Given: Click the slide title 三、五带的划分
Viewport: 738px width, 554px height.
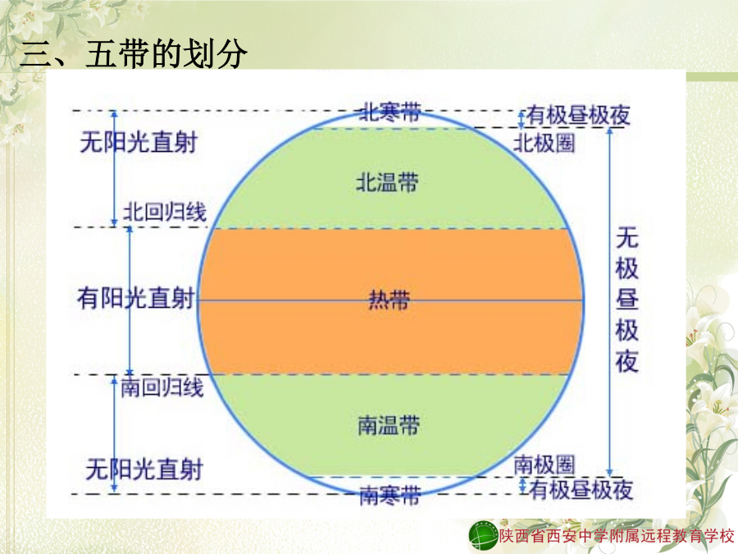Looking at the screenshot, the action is (x=134, y=53).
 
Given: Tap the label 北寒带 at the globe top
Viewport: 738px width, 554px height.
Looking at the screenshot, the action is (x=389, y=112).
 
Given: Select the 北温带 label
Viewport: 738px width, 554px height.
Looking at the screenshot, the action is (x=387, y=182).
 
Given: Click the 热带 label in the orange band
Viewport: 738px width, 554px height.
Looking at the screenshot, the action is (x=389, y=300).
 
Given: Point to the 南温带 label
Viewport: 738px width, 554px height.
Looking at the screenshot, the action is (x=389, y=425).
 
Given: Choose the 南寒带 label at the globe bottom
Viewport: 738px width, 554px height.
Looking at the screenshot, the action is (x=389, y=496).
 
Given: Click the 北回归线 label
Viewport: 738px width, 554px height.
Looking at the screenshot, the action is (x=165, y=212).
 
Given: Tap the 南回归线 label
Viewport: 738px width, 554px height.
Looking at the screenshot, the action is (x=162, y=387).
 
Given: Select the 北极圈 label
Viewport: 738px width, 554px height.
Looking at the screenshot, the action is (x=544, y=143).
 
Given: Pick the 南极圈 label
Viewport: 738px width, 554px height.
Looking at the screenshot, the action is (x=544, y=465).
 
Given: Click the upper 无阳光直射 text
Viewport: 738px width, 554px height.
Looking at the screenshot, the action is (x=138, y=142).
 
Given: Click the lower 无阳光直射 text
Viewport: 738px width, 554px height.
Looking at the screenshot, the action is (x=144, y=469).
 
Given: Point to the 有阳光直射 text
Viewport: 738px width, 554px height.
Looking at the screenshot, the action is (x=136, y=298).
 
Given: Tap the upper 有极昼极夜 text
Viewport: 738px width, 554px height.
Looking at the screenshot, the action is (x=578, y=116).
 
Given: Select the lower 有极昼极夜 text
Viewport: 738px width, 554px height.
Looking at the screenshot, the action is (x=581, y=490).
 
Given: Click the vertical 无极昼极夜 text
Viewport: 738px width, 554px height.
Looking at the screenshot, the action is (x=627, y=300).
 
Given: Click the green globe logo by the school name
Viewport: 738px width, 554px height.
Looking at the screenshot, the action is (x=483, y=536).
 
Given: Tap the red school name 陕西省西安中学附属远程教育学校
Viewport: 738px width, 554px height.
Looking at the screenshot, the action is (x=617, y=536).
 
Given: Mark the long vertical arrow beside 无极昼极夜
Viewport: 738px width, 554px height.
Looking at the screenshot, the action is (x=609, y=301).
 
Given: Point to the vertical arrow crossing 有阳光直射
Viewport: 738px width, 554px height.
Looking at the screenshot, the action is (x=130, y=300).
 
